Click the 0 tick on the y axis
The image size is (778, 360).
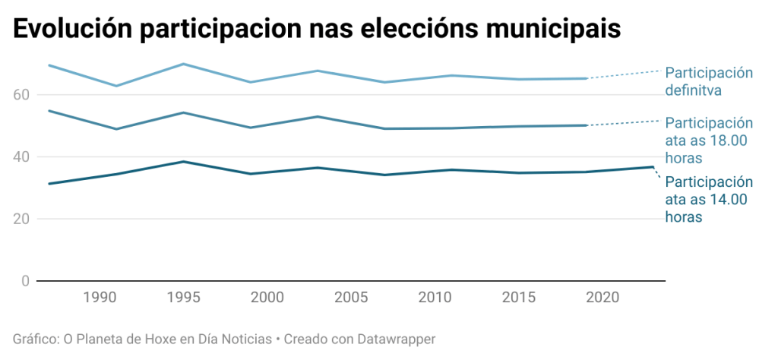click(25, 282)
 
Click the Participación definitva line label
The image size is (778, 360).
click(708, 82)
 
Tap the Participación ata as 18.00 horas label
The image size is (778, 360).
click(708, 141)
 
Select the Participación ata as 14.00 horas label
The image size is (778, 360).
click(708, 200)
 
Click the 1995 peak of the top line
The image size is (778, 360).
click(183, 64)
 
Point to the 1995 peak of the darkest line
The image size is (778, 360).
click(183, 162)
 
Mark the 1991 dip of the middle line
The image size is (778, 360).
click(116, 129)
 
